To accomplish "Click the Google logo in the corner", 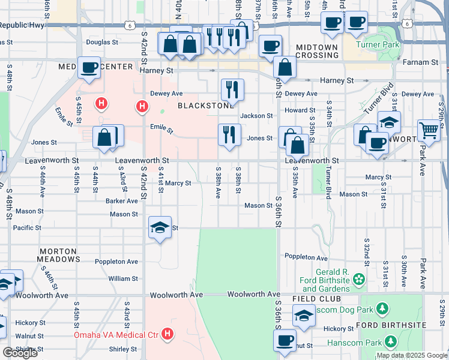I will click(19, 353).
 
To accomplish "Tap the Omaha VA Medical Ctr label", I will click(116, 334).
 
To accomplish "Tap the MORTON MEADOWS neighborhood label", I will click(59, 255).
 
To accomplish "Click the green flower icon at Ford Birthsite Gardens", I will click(359, 278).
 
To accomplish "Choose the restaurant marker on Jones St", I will click(229, 134).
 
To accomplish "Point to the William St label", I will click(123, 278).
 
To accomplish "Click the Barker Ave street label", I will click(122, 201).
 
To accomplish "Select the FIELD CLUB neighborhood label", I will click(316, 299).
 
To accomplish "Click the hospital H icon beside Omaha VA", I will click(168, 334).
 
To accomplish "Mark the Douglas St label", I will click(102, 42).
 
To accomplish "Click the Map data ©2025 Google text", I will click(411, 355).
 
